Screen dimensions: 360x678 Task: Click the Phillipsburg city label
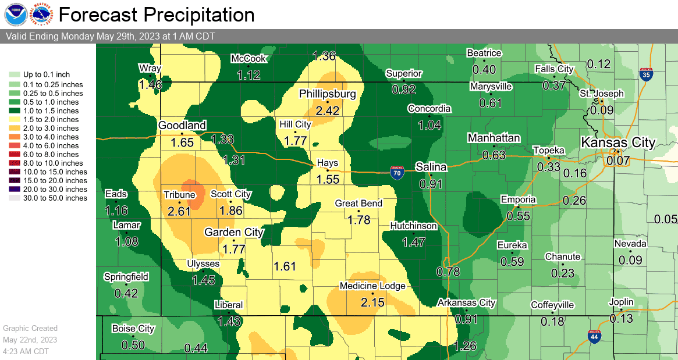(x=328, y=94)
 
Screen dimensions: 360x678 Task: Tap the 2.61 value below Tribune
(x=179, y=211)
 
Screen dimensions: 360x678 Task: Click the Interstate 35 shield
(x=645, y=74)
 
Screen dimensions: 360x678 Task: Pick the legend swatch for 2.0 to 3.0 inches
(x=14, y=128)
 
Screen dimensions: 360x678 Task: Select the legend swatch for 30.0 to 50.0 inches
(x=14, y=198)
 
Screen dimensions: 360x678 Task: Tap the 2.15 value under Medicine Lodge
(x=372, y=302)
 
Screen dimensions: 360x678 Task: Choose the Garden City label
(x=234, y=232)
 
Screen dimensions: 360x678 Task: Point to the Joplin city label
(x=622, y=302)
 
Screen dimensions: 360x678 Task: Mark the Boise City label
(x=133, y=329)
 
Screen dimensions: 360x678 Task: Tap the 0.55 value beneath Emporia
(x=518, y=215)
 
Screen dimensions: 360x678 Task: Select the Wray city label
(x=150, y=68)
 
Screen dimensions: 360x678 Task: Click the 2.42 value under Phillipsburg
(x=328, y=109)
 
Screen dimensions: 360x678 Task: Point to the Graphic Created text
(x=30, y=329)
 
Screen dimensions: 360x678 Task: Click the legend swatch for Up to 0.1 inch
(x=14, y=74)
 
